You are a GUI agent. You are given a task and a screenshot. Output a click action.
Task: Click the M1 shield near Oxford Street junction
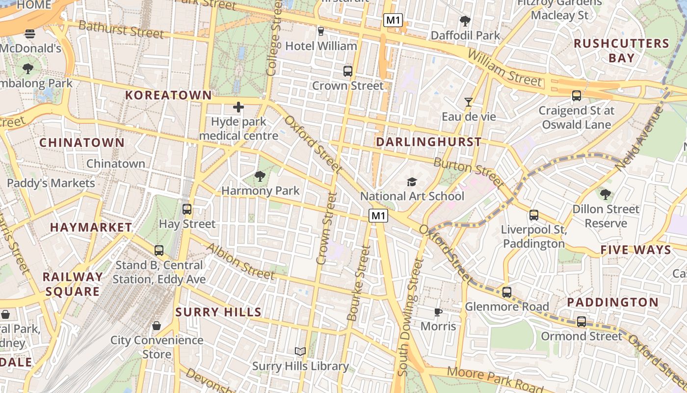(x=378, y=216)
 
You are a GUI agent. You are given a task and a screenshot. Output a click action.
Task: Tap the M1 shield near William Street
(x=393, y=20)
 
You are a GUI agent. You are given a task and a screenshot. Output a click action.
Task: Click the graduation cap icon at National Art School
(x=412, y=182)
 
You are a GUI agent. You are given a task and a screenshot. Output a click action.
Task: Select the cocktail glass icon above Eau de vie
(x=469, y=102)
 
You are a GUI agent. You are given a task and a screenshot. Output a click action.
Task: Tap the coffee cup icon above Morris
(x=438, y=312)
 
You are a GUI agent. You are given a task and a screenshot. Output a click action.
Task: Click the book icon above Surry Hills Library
(x=300, y=351)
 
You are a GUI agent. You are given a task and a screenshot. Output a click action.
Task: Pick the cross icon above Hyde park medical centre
(x=238, y=107)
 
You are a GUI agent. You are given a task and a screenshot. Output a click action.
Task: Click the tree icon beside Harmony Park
(x=260, y=176)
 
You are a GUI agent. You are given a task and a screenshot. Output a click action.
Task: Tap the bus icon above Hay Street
(x=186, y=209)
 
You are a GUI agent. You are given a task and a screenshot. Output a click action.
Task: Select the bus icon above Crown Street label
(x=348, y=71)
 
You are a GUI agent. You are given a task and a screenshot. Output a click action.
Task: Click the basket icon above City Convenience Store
(x=157, y=325)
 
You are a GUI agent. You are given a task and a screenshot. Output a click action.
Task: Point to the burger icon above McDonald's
(x=30, y=34)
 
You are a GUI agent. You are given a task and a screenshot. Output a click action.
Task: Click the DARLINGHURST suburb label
(x=428, y=142)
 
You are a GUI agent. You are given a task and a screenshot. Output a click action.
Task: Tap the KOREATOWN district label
(x=168, y=95)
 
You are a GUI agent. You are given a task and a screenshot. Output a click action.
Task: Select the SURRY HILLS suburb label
(x=218, y=312)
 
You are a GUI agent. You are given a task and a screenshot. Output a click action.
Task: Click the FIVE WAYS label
(x=635, y=250)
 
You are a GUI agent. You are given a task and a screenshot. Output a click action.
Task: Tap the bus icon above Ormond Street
(x=581, y=322)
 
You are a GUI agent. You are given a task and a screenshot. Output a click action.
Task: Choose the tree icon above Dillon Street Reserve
(x=606, y=195)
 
